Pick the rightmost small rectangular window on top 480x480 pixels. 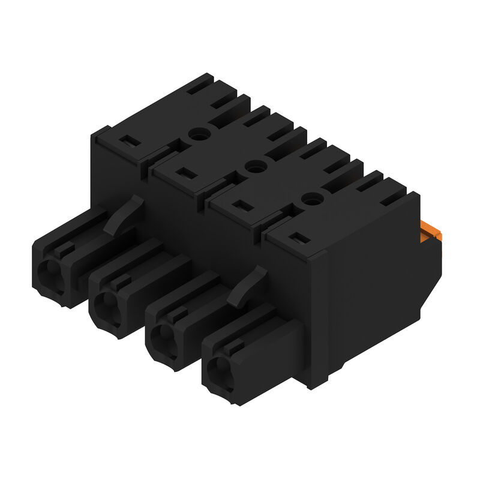click(299, 239)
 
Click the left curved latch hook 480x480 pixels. click(124, 214)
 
